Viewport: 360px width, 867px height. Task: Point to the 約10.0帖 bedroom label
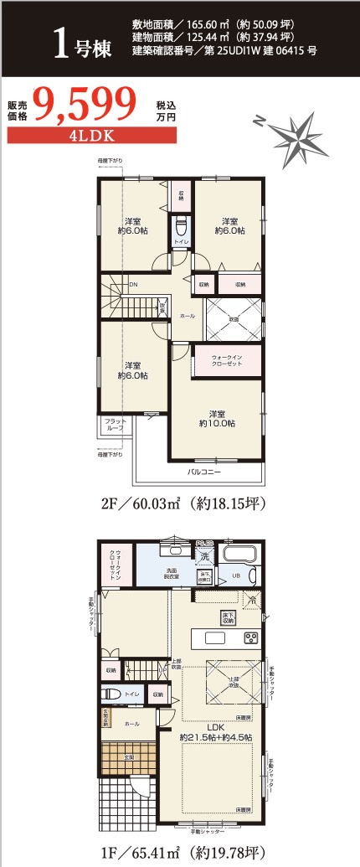pyautogui.click(x=216, y=418)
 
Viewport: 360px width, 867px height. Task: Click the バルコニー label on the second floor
pyautogui.click(x=203, y=472)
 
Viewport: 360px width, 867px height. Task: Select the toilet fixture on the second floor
pyautogui.click(x=180, y=225)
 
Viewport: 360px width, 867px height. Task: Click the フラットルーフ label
pyautogui.click(x=114, y=424)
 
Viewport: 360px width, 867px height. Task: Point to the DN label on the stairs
pyautogui.click(x=132, y=284)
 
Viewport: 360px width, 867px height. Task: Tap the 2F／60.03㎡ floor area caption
pyautogui.click(x=181, y=504)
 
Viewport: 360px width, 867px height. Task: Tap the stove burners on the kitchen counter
pyautogui.click(x=251, y=638)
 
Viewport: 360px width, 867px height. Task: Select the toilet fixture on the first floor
pyautogui.click(x=108, y=694)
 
